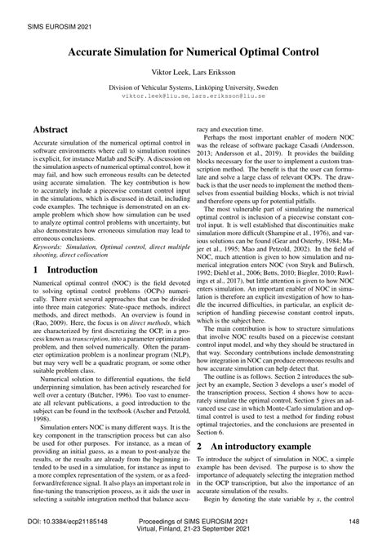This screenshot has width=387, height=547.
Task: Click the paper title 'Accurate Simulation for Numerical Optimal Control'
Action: coord(193,51)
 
